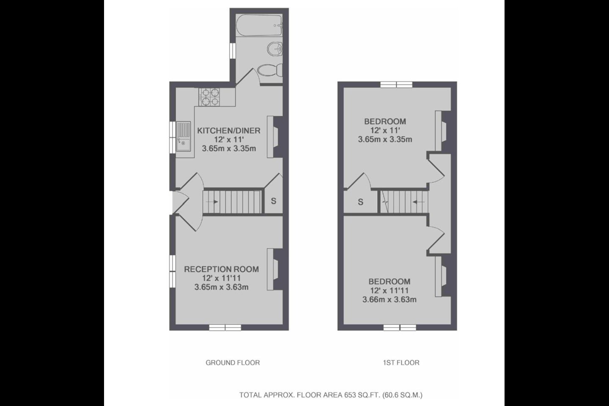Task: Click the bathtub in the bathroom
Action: coord(259,25)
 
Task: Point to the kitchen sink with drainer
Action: coord(183,136)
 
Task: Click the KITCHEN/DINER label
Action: coord(229,131)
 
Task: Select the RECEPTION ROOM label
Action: coord(221,269)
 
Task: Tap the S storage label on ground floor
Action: coord(274,201)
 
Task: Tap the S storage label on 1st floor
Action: coord(360,202)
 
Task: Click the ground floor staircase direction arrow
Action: coord(212,202)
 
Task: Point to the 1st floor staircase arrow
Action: coord(419,202)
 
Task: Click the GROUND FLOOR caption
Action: coord(233,362)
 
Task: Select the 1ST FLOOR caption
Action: coord(401,362)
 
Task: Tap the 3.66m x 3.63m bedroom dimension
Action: coord(390,299)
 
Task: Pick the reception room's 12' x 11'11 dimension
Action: coord(221,278)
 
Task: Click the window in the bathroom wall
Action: coord(233,51)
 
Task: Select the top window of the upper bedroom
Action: coord(396,85)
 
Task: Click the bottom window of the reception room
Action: coord(225,327)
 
